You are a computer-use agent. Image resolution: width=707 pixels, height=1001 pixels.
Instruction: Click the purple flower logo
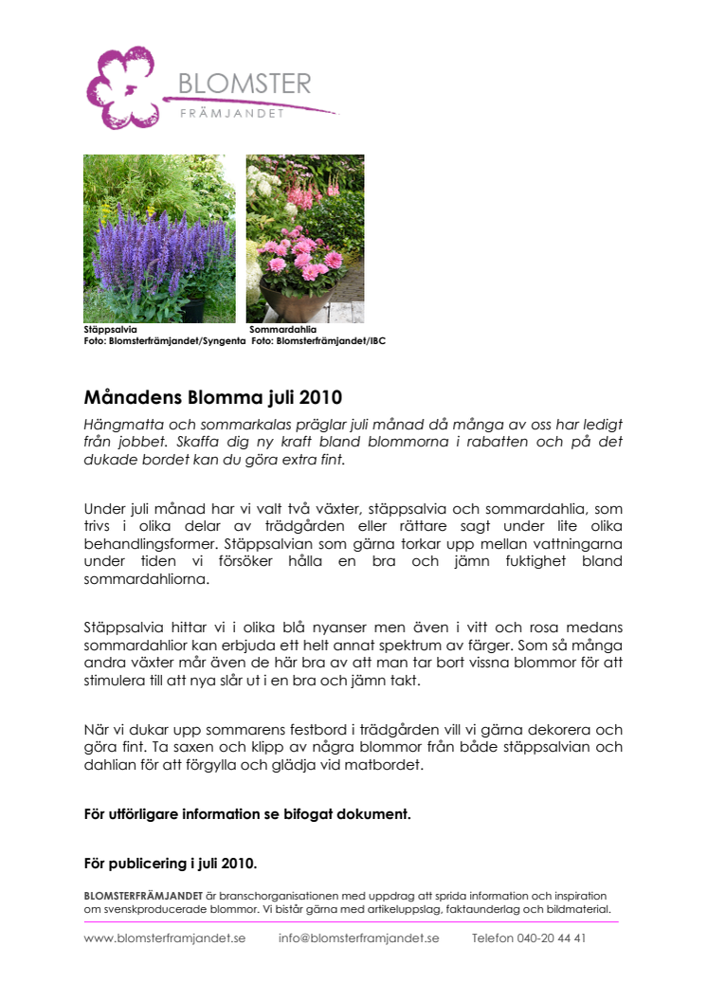[120, 87]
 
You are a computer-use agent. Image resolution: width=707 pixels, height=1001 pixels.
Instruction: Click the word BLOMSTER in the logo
[245, 85]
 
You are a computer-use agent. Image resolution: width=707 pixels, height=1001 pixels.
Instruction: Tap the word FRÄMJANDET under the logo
[232, 115]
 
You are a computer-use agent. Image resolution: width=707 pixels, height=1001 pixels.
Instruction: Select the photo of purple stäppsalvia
[159, 239]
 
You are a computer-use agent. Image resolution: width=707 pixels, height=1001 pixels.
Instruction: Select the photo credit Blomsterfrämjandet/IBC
[332, 340]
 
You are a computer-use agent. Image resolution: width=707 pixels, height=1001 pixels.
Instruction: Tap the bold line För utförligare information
[247, 813]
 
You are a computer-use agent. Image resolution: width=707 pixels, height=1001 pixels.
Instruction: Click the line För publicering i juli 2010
[171, 864]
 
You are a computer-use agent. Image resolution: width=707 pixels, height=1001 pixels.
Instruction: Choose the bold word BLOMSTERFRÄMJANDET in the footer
[143, 896]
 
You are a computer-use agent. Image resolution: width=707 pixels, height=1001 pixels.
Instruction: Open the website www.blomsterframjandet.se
[165, 938]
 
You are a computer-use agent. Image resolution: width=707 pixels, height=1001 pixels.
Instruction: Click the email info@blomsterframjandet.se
[358, 938]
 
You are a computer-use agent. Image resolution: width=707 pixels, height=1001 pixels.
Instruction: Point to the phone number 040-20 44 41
[553, 938]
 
